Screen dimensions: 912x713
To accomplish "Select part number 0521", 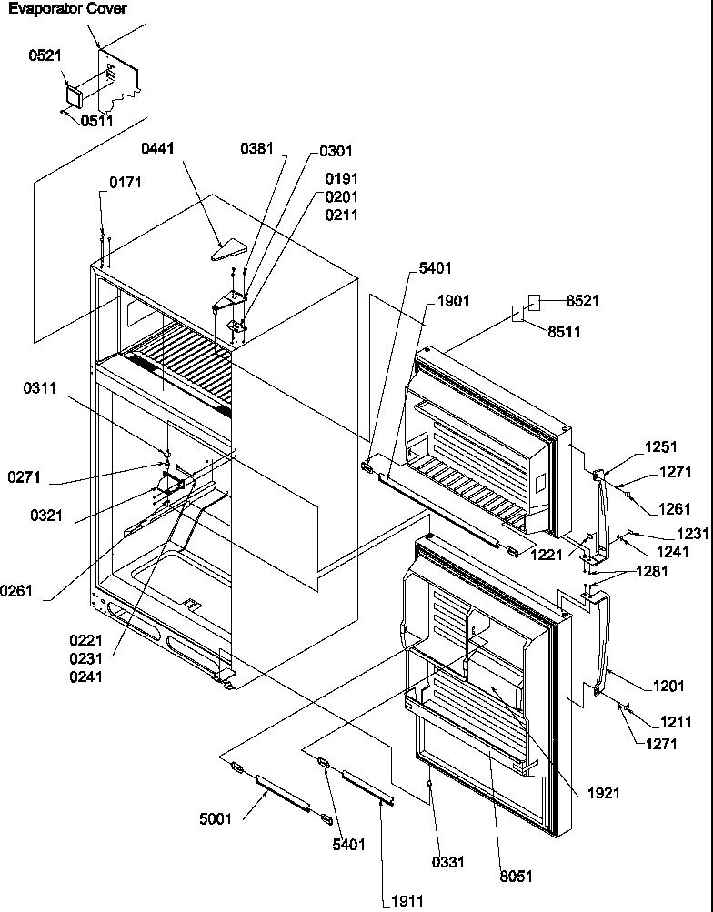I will coord(46,56).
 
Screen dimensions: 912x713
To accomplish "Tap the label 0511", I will coord(97,120).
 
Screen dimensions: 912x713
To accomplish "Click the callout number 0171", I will coord(126,183).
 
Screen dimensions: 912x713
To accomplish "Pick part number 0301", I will coord(336,151).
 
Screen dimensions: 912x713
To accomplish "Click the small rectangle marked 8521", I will coord(536,302).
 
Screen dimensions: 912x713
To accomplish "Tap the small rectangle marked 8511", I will coord(517,315).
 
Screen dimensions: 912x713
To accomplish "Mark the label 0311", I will coord(41,388).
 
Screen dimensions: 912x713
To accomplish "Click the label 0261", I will coord(17,591).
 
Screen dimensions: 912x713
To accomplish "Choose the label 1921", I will coord(603,793).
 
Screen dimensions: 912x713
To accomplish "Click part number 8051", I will coord(516,877).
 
